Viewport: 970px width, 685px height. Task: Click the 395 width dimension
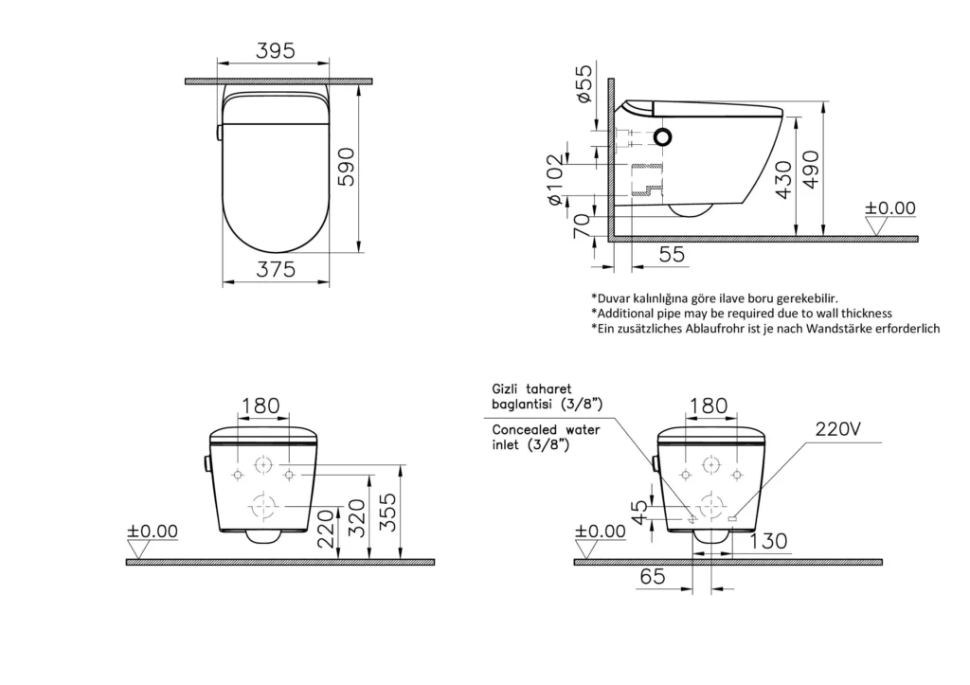coord(276,51)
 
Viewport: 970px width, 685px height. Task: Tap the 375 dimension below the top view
coord(276,270)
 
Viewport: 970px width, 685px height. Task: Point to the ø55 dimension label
coord(584,83)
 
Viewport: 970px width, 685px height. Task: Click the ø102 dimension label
coord(555,179)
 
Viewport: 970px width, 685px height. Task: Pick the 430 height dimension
coord(783,179)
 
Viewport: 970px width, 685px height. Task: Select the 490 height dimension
coord(811,169)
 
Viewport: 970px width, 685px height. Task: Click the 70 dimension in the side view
coord(582,226)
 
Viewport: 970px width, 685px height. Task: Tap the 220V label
coord(838,428)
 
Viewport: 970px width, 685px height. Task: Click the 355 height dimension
coord(387,512)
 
